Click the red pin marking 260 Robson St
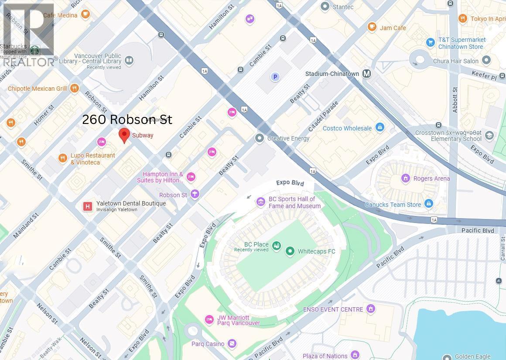(x=124, y=135)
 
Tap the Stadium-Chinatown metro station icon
(x=367, y=74)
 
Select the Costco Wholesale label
(x=347, y=128)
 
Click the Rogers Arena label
(x=432, y=178)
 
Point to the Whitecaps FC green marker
(x=290, y=251)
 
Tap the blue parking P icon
(x=275, y=77)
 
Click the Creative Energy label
(x=288, y=138)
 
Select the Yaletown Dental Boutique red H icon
(x=88, y=206)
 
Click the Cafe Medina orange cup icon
(x=85, y=15)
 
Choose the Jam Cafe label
(x=393, y=28)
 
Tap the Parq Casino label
(x=208, y=344)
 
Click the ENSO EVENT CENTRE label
(x=333, y=309)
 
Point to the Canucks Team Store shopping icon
(x=429, y=204)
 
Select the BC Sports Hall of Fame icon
(x=260, y=202)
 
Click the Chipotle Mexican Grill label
(x=38, y=89)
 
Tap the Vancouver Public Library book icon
(x=129, y=60)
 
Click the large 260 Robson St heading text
(x=127, y=120)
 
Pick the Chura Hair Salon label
(x=455, y=61)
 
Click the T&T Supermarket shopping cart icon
(x=431, y=42)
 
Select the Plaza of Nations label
(x=325, y=356)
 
